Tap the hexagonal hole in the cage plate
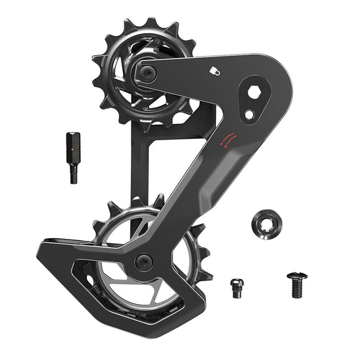[x=254, y=92]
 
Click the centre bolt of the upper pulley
[x=146, y=74]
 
